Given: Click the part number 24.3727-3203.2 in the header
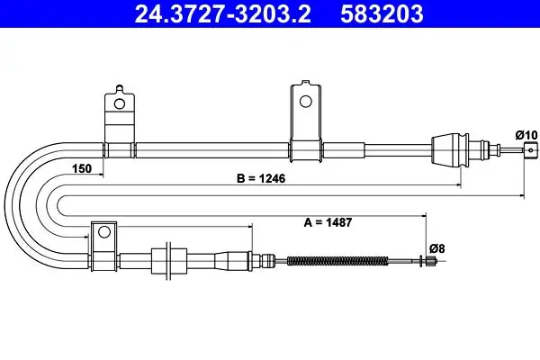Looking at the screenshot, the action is pyautogui.click(x=223, y=13).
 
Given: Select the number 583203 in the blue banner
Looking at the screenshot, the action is pyautogui.click(x=382, y=13).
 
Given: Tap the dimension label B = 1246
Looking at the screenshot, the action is pyautogui.click(x=261, y=178).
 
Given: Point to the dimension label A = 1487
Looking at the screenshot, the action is pyautogui.click(x=328, y=222).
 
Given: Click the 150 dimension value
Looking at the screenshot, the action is pyautogui.click(x=82, y=169).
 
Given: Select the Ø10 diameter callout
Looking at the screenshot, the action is pyautogui.click(x=526, y=135).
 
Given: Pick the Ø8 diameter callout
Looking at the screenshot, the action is pyautogui.click(x=437, y=248).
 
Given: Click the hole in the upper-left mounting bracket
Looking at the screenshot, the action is pyautogui.click(x=120, y=103).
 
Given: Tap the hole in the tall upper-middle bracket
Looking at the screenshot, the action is pyautogui.click(x=305, y=102).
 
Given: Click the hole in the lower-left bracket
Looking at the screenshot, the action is pyautogui.click(x=104, y=232).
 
